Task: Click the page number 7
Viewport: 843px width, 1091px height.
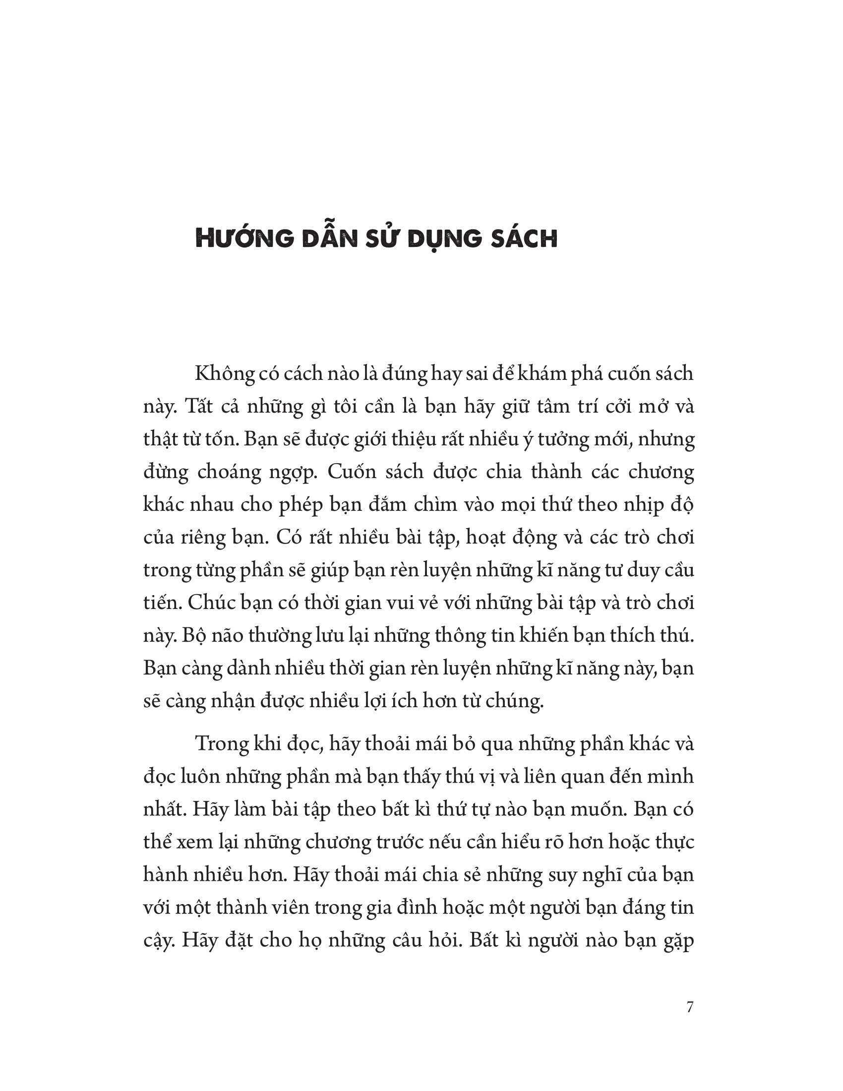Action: coord(690,1008)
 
